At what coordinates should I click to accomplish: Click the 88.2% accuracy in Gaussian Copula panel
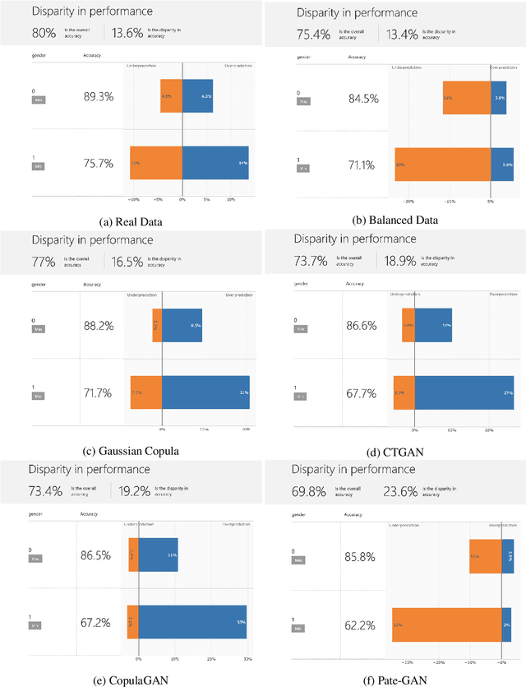99,325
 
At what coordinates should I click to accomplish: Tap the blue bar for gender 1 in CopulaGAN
193,622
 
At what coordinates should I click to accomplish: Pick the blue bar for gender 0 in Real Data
197,95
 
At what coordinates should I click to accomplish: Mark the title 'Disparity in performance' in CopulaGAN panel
89,469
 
